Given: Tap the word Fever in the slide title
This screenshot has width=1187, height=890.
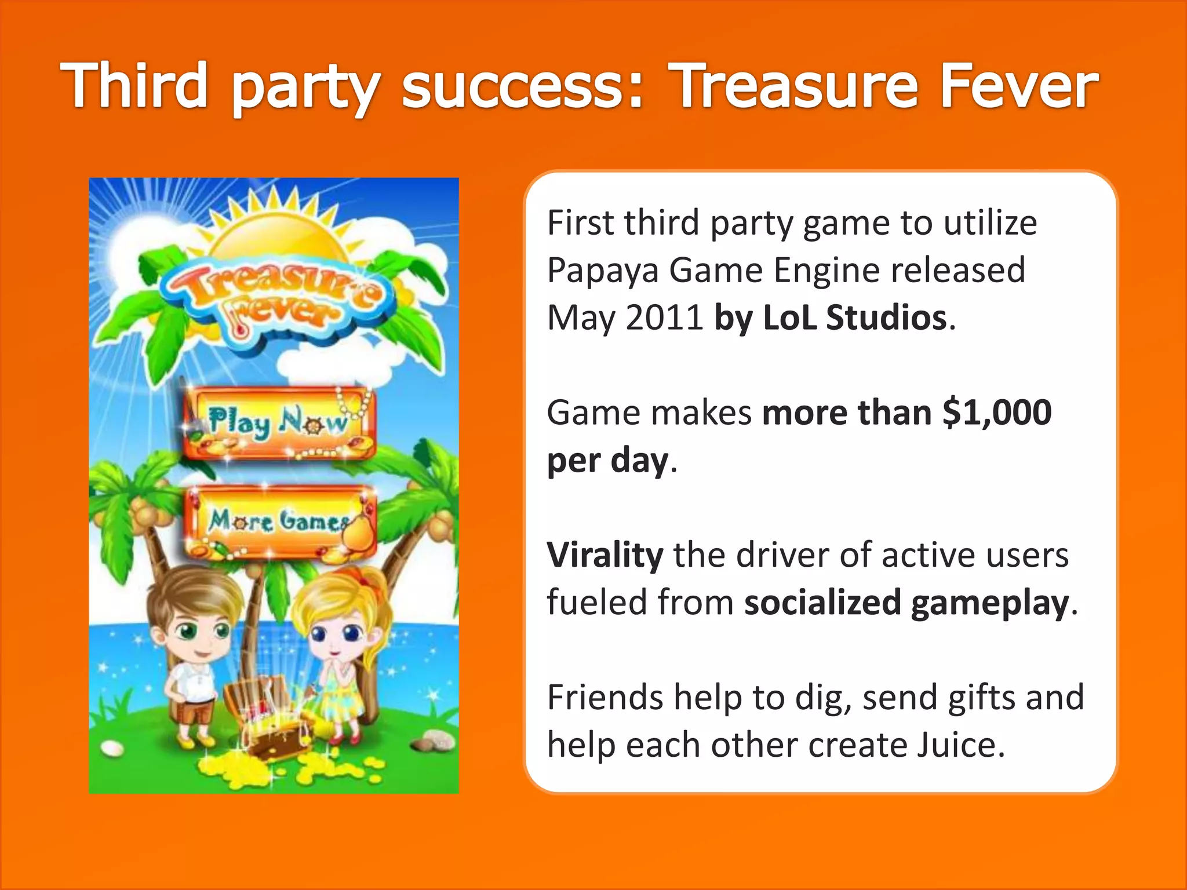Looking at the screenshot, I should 1018,86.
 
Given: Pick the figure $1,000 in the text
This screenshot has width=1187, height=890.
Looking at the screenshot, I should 997,413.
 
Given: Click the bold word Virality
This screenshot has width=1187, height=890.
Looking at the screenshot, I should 605,555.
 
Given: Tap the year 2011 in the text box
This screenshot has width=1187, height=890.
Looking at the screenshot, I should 664,318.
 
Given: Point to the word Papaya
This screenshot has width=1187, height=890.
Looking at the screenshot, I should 603,271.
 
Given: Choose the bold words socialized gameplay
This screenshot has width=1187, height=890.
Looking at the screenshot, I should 906,603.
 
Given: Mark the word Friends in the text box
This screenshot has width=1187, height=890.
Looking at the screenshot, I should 605,697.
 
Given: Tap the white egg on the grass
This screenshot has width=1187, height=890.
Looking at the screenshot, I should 111,749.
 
